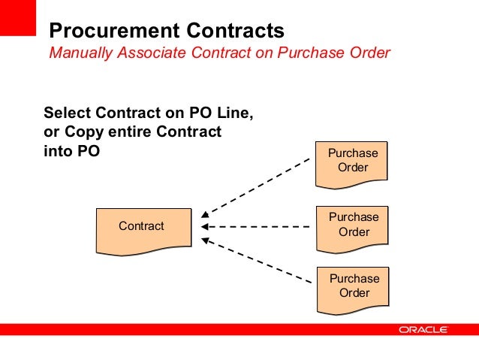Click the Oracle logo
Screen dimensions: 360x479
pos(423,330)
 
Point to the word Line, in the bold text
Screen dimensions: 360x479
pos(232,113)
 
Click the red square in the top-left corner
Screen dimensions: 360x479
pos(18,17)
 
